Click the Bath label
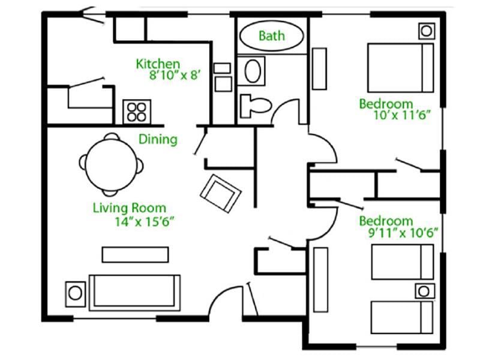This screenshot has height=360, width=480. [x=271, y=36]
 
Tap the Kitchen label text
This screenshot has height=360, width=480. [x=158, y=64]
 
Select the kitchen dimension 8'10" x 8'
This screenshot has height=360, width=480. [x=178, y=76]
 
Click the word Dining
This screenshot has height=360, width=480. [x=158, y=140]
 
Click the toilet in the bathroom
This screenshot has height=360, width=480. [x=253, y=106]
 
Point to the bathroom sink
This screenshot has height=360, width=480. [x=253, y=71]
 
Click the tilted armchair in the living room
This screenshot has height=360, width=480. [x=220, y=193]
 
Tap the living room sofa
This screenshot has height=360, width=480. [x=134, y=292]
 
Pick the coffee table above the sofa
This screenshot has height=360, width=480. [x=134, y=254]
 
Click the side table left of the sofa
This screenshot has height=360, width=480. [x=75, y=293]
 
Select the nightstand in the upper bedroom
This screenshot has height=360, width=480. [x=425, y=31]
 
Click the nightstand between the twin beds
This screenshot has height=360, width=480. [x=424, y=291]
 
